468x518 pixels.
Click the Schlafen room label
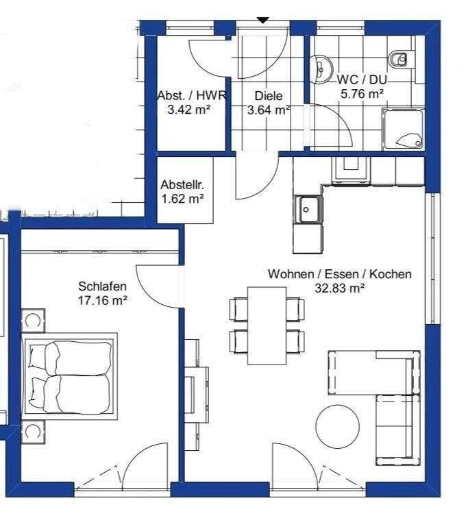(x=102, y=286)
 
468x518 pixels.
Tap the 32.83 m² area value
(x=340, y=288)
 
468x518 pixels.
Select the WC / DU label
(x=362, y=79)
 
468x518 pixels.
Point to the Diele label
(x=269, y=96)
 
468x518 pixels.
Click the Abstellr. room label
(x=182, y=185)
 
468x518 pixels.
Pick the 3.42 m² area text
(x=189, y=110)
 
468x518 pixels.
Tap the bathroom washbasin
(x=321, y=68)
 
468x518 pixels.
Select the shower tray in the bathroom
(x=403, y=129)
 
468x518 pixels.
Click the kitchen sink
(x=308, y=210)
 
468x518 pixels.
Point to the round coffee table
(x=337, y=426)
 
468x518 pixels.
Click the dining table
(x=267, y=325)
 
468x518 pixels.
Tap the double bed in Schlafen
(x=70, y=376)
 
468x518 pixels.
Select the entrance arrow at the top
(x=263, y=20)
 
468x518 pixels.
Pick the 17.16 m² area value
(x=102, y=301)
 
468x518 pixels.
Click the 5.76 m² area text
(x=362, y=94)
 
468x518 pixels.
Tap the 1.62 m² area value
(x=182, y=199)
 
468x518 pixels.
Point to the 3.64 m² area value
(x=269, y=110)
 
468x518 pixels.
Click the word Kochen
(x=390, y=274)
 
